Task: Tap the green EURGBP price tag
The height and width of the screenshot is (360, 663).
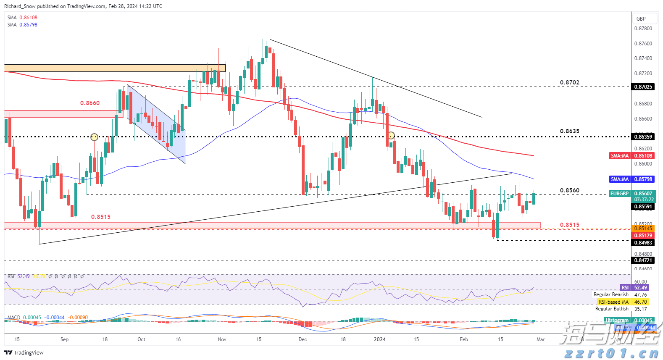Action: pos(620,194)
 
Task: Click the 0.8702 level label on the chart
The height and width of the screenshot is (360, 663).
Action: pos(569,83)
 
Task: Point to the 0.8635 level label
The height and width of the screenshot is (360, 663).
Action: pos(569,131)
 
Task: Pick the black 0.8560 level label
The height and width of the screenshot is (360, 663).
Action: pos(569,191)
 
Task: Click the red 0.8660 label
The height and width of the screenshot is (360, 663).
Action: pos(90,103)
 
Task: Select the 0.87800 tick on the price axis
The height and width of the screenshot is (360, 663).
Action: pos(643,29)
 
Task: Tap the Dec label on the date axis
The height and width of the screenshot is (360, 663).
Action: pos(303,339)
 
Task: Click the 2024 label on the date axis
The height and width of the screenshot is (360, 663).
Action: pos(380,339)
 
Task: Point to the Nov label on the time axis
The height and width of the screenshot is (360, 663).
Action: pos(222,339)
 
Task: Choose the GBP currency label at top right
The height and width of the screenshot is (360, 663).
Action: pos(641,19)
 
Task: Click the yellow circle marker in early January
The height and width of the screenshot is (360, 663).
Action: pos(391,135)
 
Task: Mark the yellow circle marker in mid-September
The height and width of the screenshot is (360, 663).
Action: pos(95,137)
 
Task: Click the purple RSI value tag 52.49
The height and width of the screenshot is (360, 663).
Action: pos(640,288)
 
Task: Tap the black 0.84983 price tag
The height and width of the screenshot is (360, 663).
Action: pos(643,243)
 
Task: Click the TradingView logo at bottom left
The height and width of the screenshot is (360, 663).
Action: pos(24,353)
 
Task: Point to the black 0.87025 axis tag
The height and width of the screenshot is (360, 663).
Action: pos(643,87)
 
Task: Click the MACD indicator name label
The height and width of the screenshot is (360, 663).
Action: pos(13,318)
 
